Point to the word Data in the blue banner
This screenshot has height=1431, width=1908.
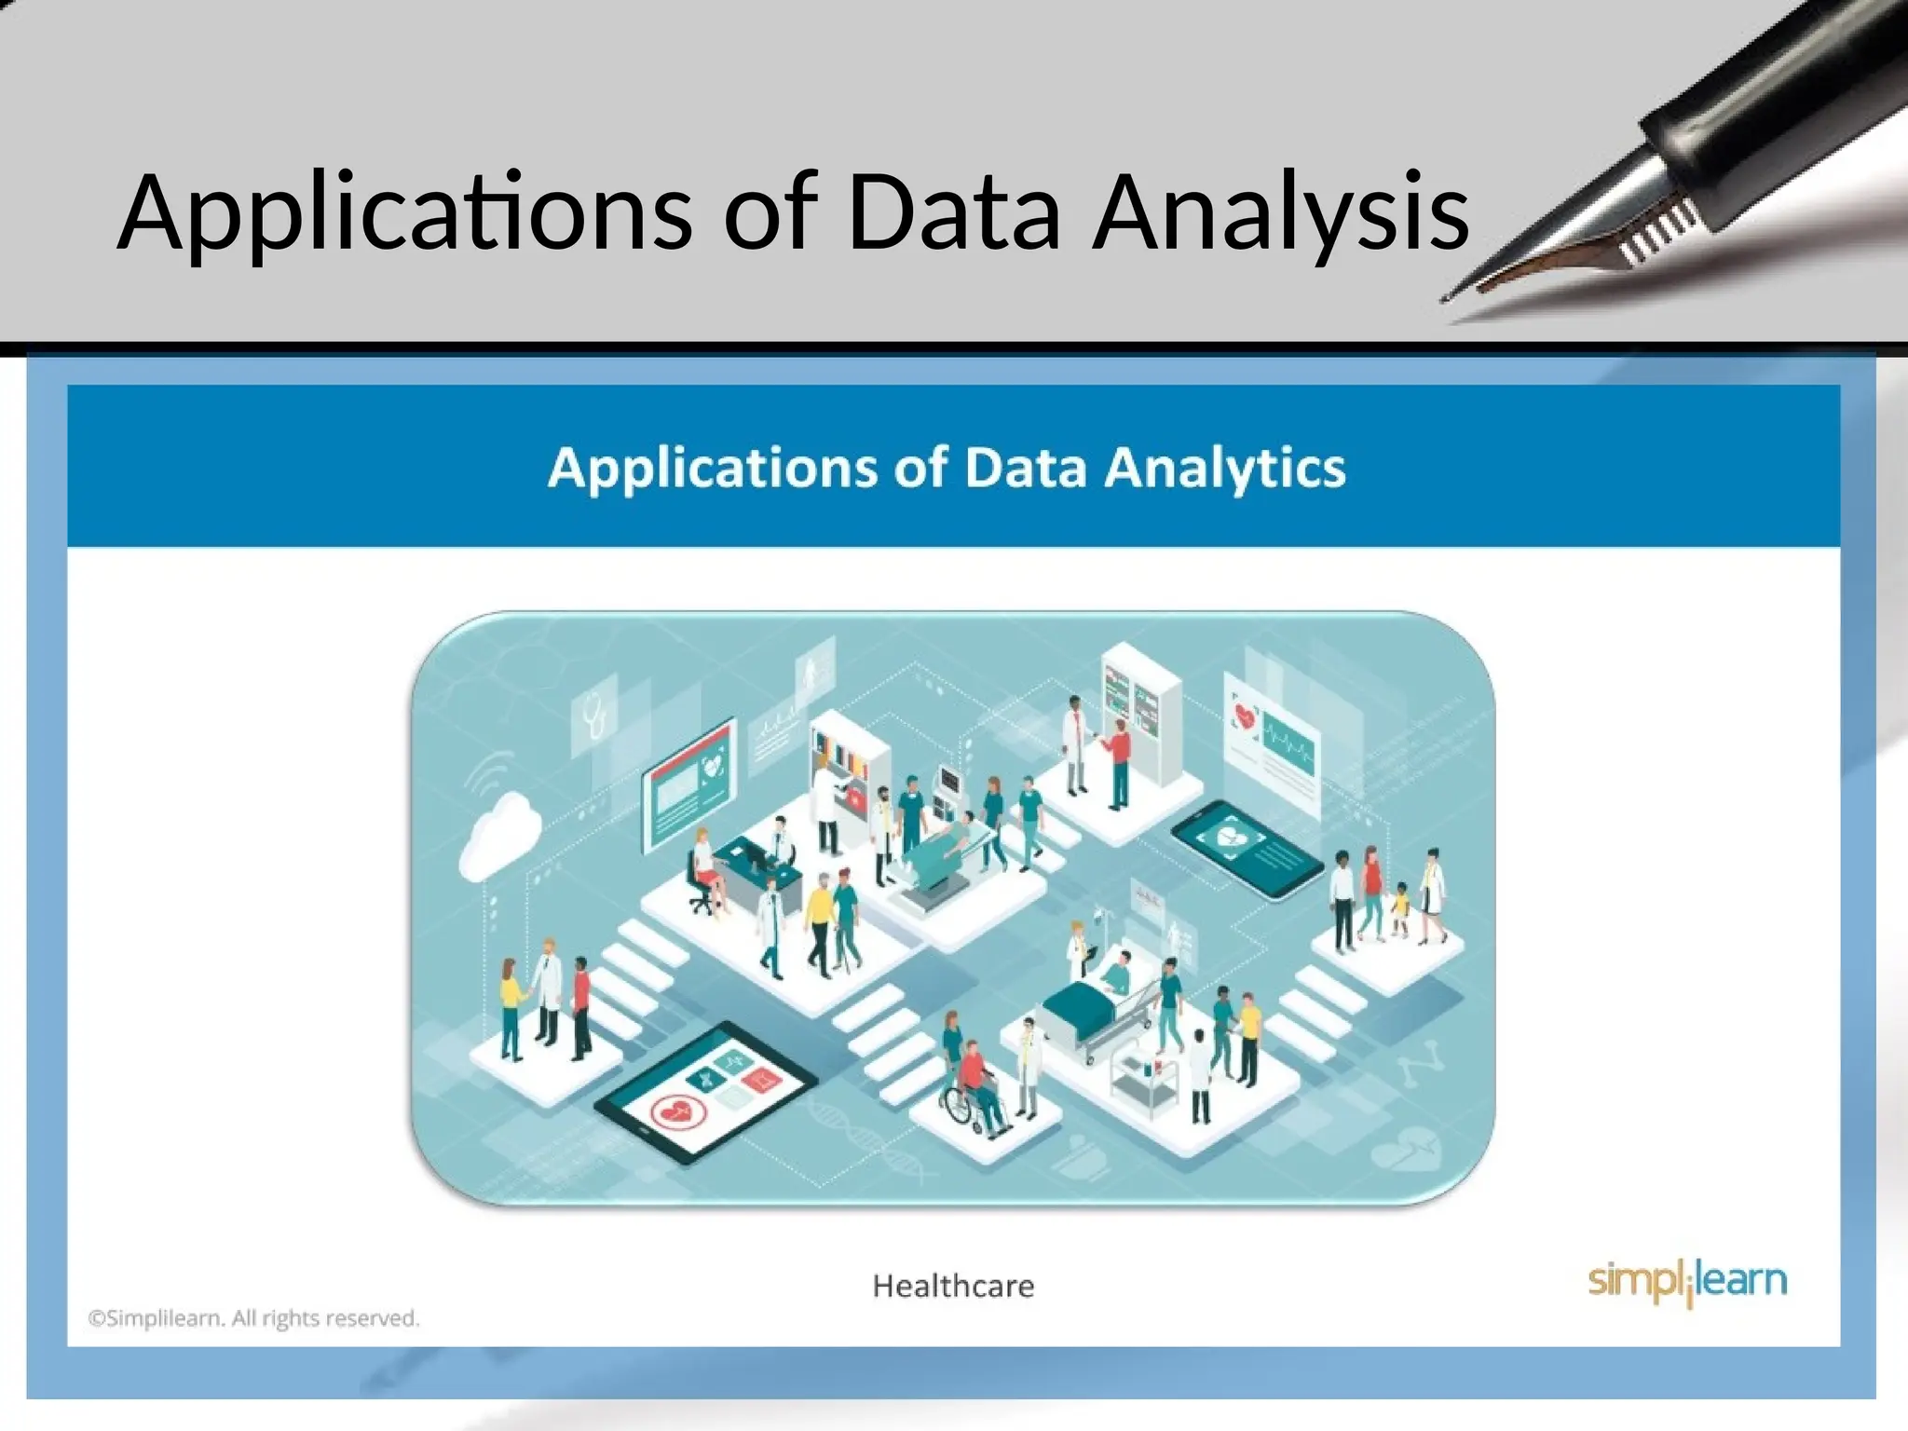click(x=1024, y=468)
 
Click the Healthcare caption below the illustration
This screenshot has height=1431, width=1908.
click(x=953, y=1287)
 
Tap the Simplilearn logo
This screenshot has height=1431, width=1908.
click(x=1687, y=1282)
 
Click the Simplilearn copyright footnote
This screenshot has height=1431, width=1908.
click(x=253, y=1318)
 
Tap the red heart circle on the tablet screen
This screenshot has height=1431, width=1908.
click(x=674, y=1112)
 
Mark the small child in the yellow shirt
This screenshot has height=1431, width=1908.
click(x=1399, y=908)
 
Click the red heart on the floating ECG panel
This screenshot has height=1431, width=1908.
click(x=1244, y=715)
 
